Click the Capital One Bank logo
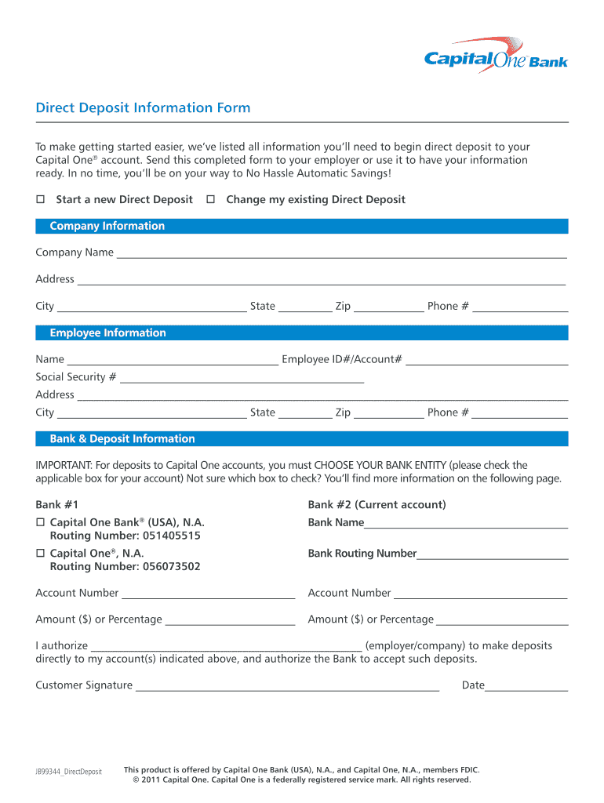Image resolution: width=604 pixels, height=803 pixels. (x=496, y=56)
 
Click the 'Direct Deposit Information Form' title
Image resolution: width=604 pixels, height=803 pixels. (x=143, y=108)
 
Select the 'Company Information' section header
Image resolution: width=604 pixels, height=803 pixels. (x=107, y=227)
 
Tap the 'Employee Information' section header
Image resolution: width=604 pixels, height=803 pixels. (x=107, y=333)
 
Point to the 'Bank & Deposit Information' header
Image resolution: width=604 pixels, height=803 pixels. (x=122, y=439)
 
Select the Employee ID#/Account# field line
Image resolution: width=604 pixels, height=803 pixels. (x=486, y=362)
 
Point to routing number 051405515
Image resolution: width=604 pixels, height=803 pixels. (x=172, y=536)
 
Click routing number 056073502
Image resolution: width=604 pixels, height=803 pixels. (x=172, y=567)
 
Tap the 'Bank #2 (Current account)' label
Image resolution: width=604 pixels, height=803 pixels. (x=377, y=505)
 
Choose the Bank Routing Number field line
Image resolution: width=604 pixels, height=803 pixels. (x=492, y=556)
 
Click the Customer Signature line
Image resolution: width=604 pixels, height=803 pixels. (x=287, y=688)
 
